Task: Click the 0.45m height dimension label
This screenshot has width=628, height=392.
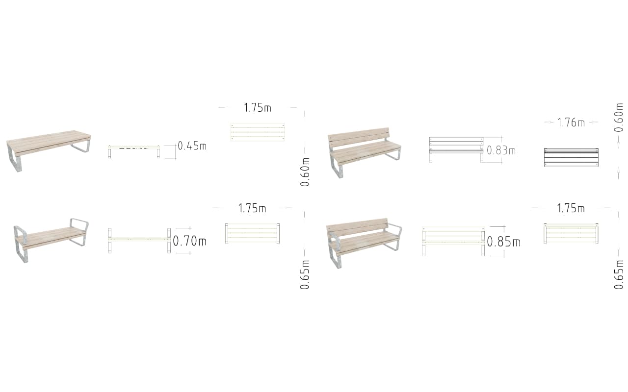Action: pyautogui.click(x=192, y=146)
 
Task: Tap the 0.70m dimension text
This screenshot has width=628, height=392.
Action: pyautogui.click(x=190, y=241)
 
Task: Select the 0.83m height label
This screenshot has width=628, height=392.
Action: pyautogui.click(x=501, y=150)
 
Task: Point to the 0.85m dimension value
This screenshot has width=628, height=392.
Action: pyautogui.click(x=504, y=242)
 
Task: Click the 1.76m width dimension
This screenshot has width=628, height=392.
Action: pyautogui.click(x=571, y=122)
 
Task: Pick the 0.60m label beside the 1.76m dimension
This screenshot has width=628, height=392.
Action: pyautogui.click(x=619, y=117)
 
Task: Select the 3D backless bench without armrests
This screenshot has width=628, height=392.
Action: pyautogui.click(x=49, y=150)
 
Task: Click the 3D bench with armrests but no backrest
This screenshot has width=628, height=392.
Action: pyautogui.click(x=51, y=240)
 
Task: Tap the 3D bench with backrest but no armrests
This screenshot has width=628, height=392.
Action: pyautogui.click(x=364, y=152)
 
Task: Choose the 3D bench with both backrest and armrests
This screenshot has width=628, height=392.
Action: pyautogui.click(x=364, y=243)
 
